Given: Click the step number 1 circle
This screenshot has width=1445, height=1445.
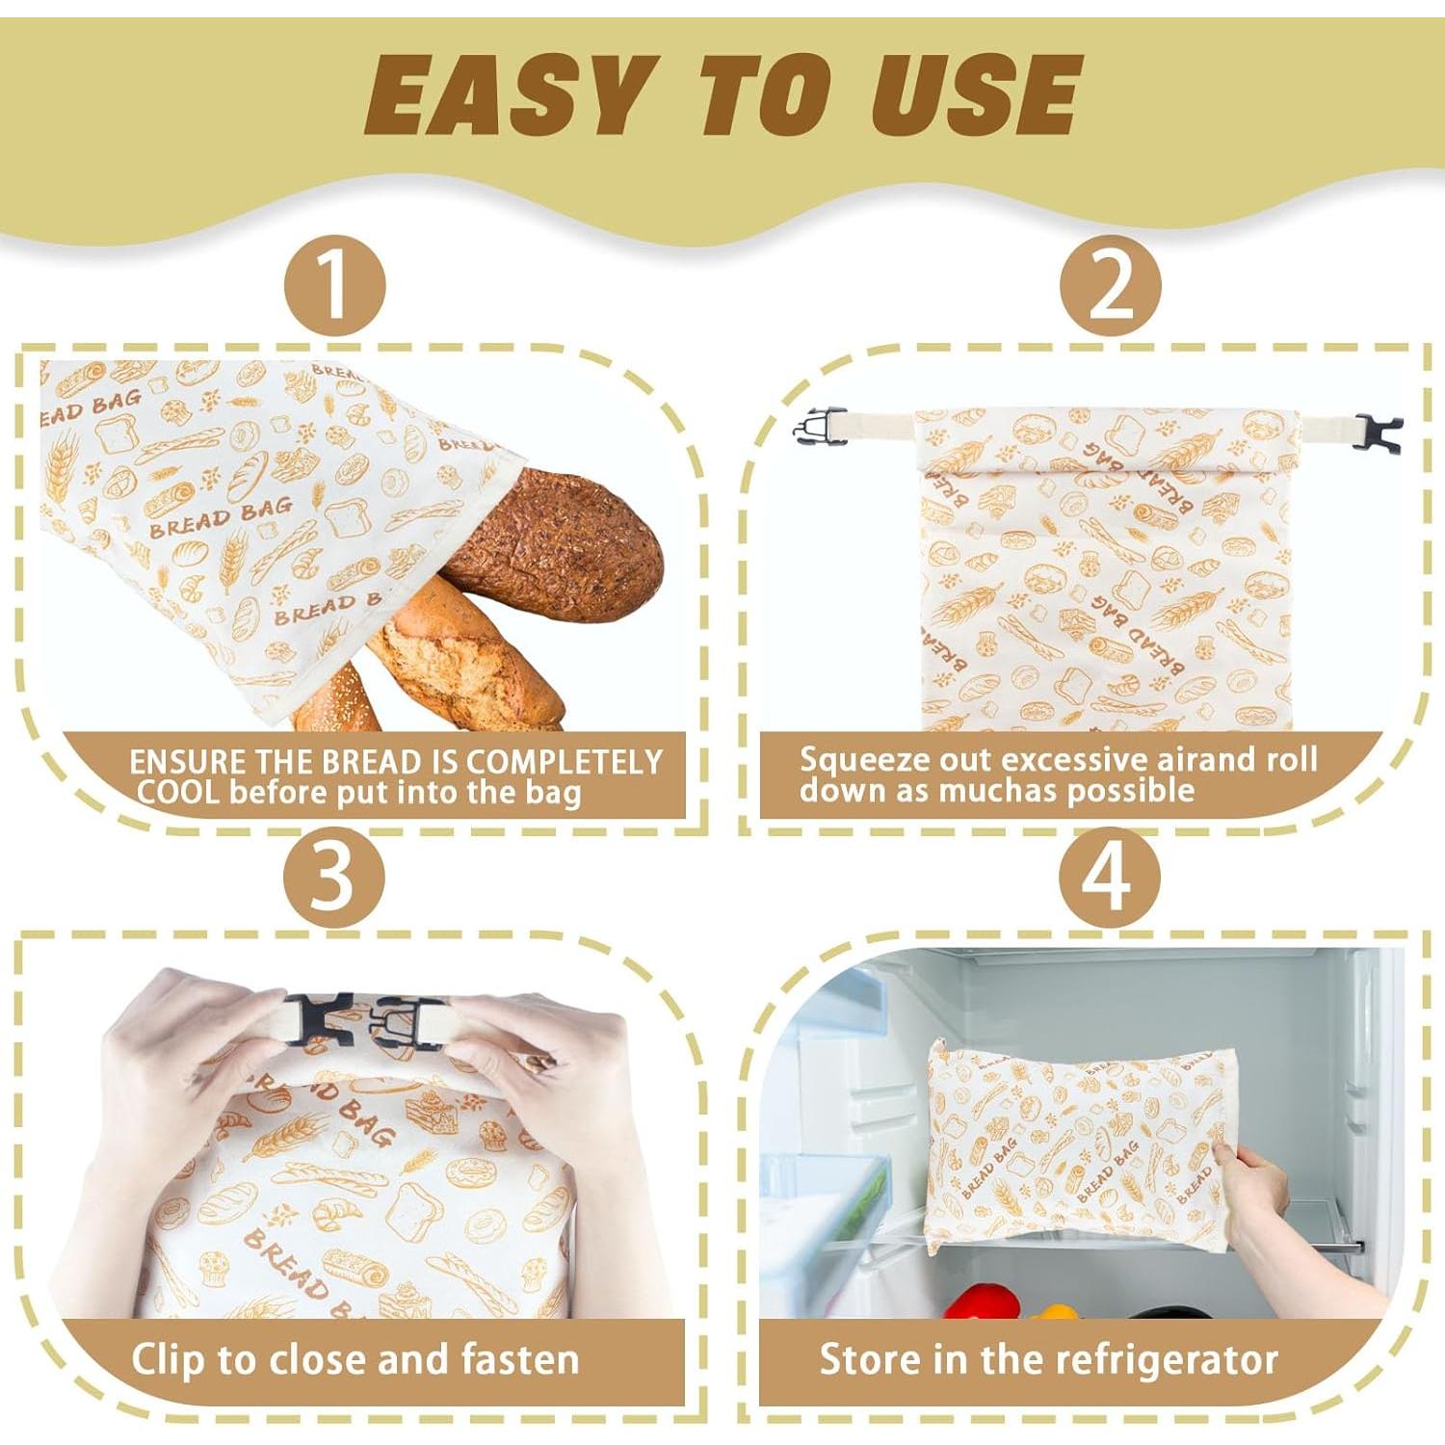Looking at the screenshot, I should (x=334, y=286).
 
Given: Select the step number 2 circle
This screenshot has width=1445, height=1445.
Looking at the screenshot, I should (x=1110, y=286).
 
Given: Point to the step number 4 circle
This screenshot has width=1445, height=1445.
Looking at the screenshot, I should (x=1110, y=878).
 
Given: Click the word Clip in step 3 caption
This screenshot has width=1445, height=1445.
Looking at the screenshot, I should (x=169, y=1360).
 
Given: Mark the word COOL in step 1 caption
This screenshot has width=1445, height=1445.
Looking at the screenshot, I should (x=178, y=793).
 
